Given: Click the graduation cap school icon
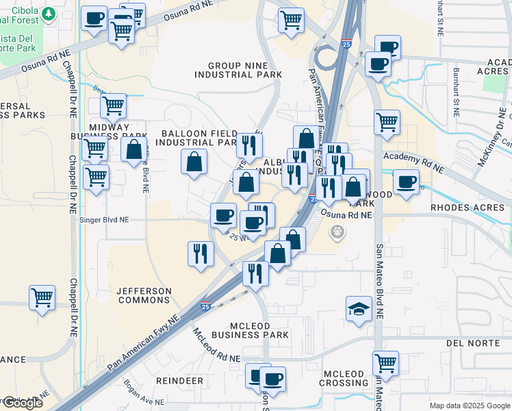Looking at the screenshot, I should pyautogui.click(x=359, y=309).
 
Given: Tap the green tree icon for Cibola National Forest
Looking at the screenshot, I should pyautogui.click(x=48, y=14).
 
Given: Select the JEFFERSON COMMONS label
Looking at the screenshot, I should pyautogui.click(x=144, y=295).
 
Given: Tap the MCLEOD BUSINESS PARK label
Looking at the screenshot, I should pyautogui.click(x=250, y=329).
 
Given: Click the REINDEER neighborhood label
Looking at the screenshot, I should pyautogui.click(x=179, y=380).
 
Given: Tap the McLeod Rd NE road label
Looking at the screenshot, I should pyautogui.click(x=216, y=346).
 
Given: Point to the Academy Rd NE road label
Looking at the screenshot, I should pyautogui.click(x=413, y=162).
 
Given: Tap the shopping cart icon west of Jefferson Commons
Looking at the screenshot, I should pyautogui.click(x=42, y=298).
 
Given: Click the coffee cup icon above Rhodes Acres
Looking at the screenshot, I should pyautogui.click(x=407, y=182).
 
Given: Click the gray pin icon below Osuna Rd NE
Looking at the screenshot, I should pyautogui.click(x=336, y=233).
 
